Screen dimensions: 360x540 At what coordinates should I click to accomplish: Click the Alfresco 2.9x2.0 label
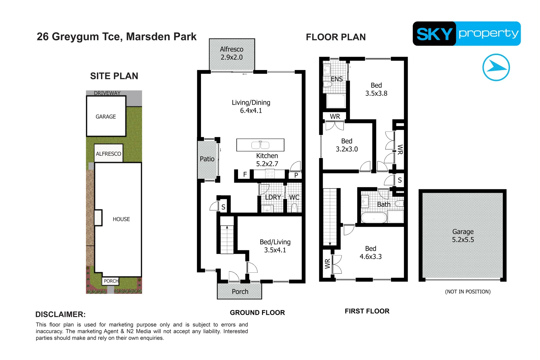coord(232,53)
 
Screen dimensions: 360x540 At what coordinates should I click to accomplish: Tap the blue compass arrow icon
coord(496,67)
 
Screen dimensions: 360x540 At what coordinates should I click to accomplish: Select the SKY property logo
coord(466,34)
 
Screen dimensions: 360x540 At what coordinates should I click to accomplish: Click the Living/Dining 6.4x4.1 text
coord(251,107)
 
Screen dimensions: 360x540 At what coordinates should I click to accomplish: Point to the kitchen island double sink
coord(260,145)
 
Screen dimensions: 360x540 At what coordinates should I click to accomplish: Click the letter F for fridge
coord(245,174)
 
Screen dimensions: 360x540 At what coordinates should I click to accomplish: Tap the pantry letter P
coord(296,175)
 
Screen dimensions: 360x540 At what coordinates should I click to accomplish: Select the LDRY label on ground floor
coord(273,197)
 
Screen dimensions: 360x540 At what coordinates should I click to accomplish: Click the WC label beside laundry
coord(294,197)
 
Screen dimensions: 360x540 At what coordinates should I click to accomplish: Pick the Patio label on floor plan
coord(207,159)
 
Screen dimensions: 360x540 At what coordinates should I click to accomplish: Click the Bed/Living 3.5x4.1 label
coord(275,246)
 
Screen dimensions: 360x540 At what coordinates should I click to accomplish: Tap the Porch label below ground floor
coord(240,292)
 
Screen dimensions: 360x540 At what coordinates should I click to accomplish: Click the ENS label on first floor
coord(336,79)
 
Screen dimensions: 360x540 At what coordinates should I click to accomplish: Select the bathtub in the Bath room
coord(374,218)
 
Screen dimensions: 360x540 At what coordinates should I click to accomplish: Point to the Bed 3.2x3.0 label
coord(347,145)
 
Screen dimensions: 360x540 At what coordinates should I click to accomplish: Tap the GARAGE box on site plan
coord(106,117)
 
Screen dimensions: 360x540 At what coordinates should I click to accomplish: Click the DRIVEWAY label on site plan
coord(107,93)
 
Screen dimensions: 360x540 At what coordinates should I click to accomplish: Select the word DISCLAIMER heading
coord(60,314)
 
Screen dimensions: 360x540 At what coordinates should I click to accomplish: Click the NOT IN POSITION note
coord(468,292)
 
